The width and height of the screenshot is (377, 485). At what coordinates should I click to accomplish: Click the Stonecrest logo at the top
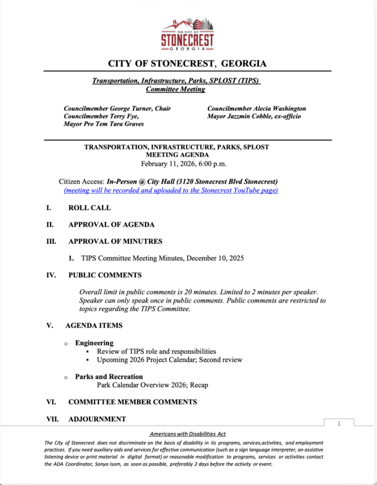pyautogui.click(x=188, y=35)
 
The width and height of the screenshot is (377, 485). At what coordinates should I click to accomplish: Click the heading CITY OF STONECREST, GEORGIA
pyautogui.click(x=187, y=64)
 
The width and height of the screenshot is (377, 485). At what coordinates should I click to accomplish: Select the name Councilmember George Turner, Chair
pyautogui.click(x=117, y=109)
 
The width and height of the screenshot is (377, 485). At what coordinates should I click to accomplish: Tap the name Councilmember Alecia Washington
pyautogui.click(x=256, y=109)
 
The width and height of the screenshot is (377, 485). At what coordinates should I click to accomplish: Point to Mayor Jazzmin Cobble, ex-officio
pyautogui.click(x=254, y=117)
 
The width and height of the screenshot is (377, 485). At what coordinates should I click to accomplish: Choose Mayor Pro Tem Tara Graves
pyautogui.click(x=104, y=124)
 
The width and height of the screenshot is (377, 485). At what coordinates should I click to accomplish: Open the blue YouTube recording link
pyautogui.click(x=171, y=190)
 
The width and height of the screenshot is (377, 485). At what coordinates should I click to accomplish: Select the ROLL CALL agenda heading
pyautogui.click(x=90, y=208)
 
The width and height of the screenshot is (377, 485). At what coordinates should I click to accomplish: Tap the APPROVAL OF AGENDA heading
pyautogui.click(x=111, y=224)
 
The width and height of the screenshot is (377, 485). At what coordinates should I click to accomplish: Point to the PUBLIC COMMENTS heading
pyautogui.click(x=105, y=275)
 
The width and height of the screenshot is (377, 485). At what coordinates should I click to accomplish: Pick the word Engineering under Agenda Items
pyautogui.click(x=94, y=343)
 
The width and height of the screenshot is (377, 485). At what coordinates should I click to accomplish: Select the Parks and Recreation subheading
pyautogui.click(x=109, y=377)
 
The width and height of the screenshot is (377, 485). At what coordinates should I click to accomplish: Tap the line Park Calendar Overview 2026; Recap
pyautogui.click(x=153, y=385)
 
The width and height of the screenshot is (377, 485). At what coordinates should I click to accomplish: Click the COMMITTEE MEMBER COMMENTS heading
pyautogui.click(x=133, y=402)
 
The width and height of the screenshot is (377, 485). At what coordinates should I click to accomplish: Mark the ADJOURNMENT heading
pyautogui.click(x=97, y=419)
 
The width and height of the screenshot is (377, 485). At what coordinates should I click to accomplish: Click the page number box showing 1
pyautogui.click(x=339, y=424)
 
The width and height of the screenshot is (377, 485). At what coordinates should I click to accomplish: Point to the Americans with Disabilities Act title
pyautogui.click(x=183, y=433)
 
